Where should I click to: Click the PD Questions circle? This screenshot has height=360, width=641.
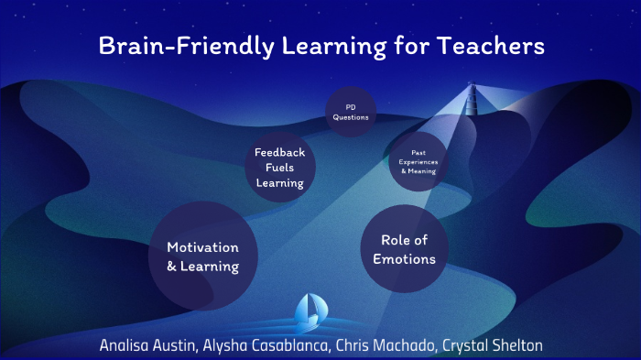351,112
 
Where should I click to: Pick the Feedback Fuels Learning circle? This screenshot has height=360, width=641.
280,168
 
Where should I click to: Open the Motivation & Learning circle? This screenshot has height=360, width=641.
202,256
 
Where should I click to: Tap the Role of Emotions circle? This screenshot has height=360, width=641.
404,248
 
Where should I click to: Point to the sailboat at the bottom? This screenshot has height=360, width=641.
307,313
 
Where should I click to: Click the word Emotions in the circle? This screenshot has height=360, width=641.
404,258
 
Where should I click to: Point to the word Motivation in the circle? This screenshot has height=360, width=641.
202,247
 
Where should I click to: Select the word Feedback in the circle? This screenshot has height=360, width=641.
280,153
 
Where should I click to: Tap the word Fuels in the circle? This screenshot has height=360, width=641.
280,168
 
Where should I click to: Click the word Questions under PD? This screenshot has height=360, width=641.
351,117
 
